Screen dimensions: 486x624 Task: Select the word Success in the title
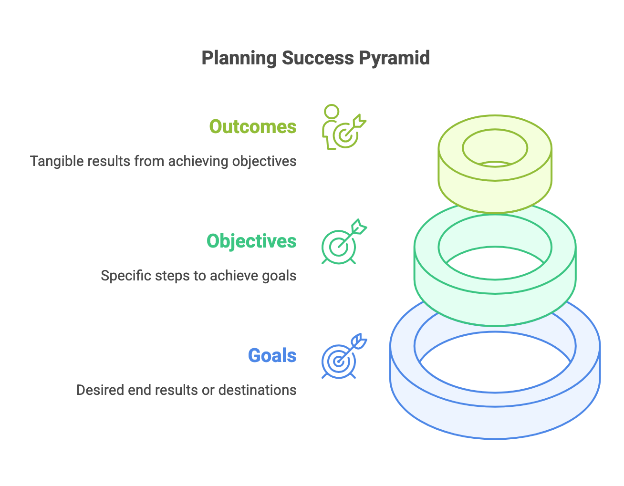pyautogui.click(x=318, y=58)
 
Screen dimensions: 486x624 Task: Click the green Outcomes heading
pyautogui.click(x=253, y=127)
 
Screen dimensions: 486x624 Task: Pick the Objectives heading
pyautogui.click(x=251, y=241)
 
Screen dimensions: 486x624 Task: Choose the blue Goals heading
pyautogui.click(x=272, y=356)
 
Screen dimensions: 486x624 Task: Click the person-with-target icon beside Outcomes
pyautogui.click(x=343, y=127)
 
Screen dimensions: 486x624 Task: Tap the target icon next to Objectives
pyautogui.click(x=343, y=242)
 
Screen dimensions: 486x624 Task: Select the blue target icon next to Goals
pyautogui.click(x=343, y=356)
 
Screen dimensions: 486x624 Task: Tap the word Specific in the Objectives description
pyautogui.click(x=125, y=276)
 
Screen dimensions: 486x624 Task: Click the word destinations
pyautogui.click(x=257, y=390)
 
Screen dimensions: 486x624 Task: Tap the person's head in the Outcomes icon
pyautogui.click(x=331, y=112)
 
